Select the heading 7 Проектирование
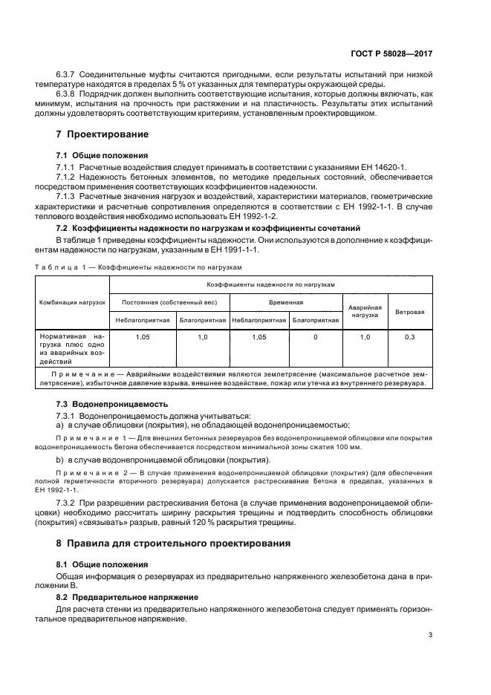tap(103, 134)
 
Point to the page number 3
tap(431, 634)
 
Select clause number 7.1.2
tap(68, 179)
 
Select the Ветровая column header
tap(409, 312)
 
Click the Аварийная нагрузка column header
tap(364, 311)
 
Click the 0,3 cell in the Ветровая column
tap(409, 337)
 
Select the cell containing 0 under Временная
tap(316, 337)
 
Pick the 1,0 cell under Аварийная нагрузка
tap(364, 337)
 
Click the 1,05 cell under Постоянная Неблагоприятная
tap(143, 337)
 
